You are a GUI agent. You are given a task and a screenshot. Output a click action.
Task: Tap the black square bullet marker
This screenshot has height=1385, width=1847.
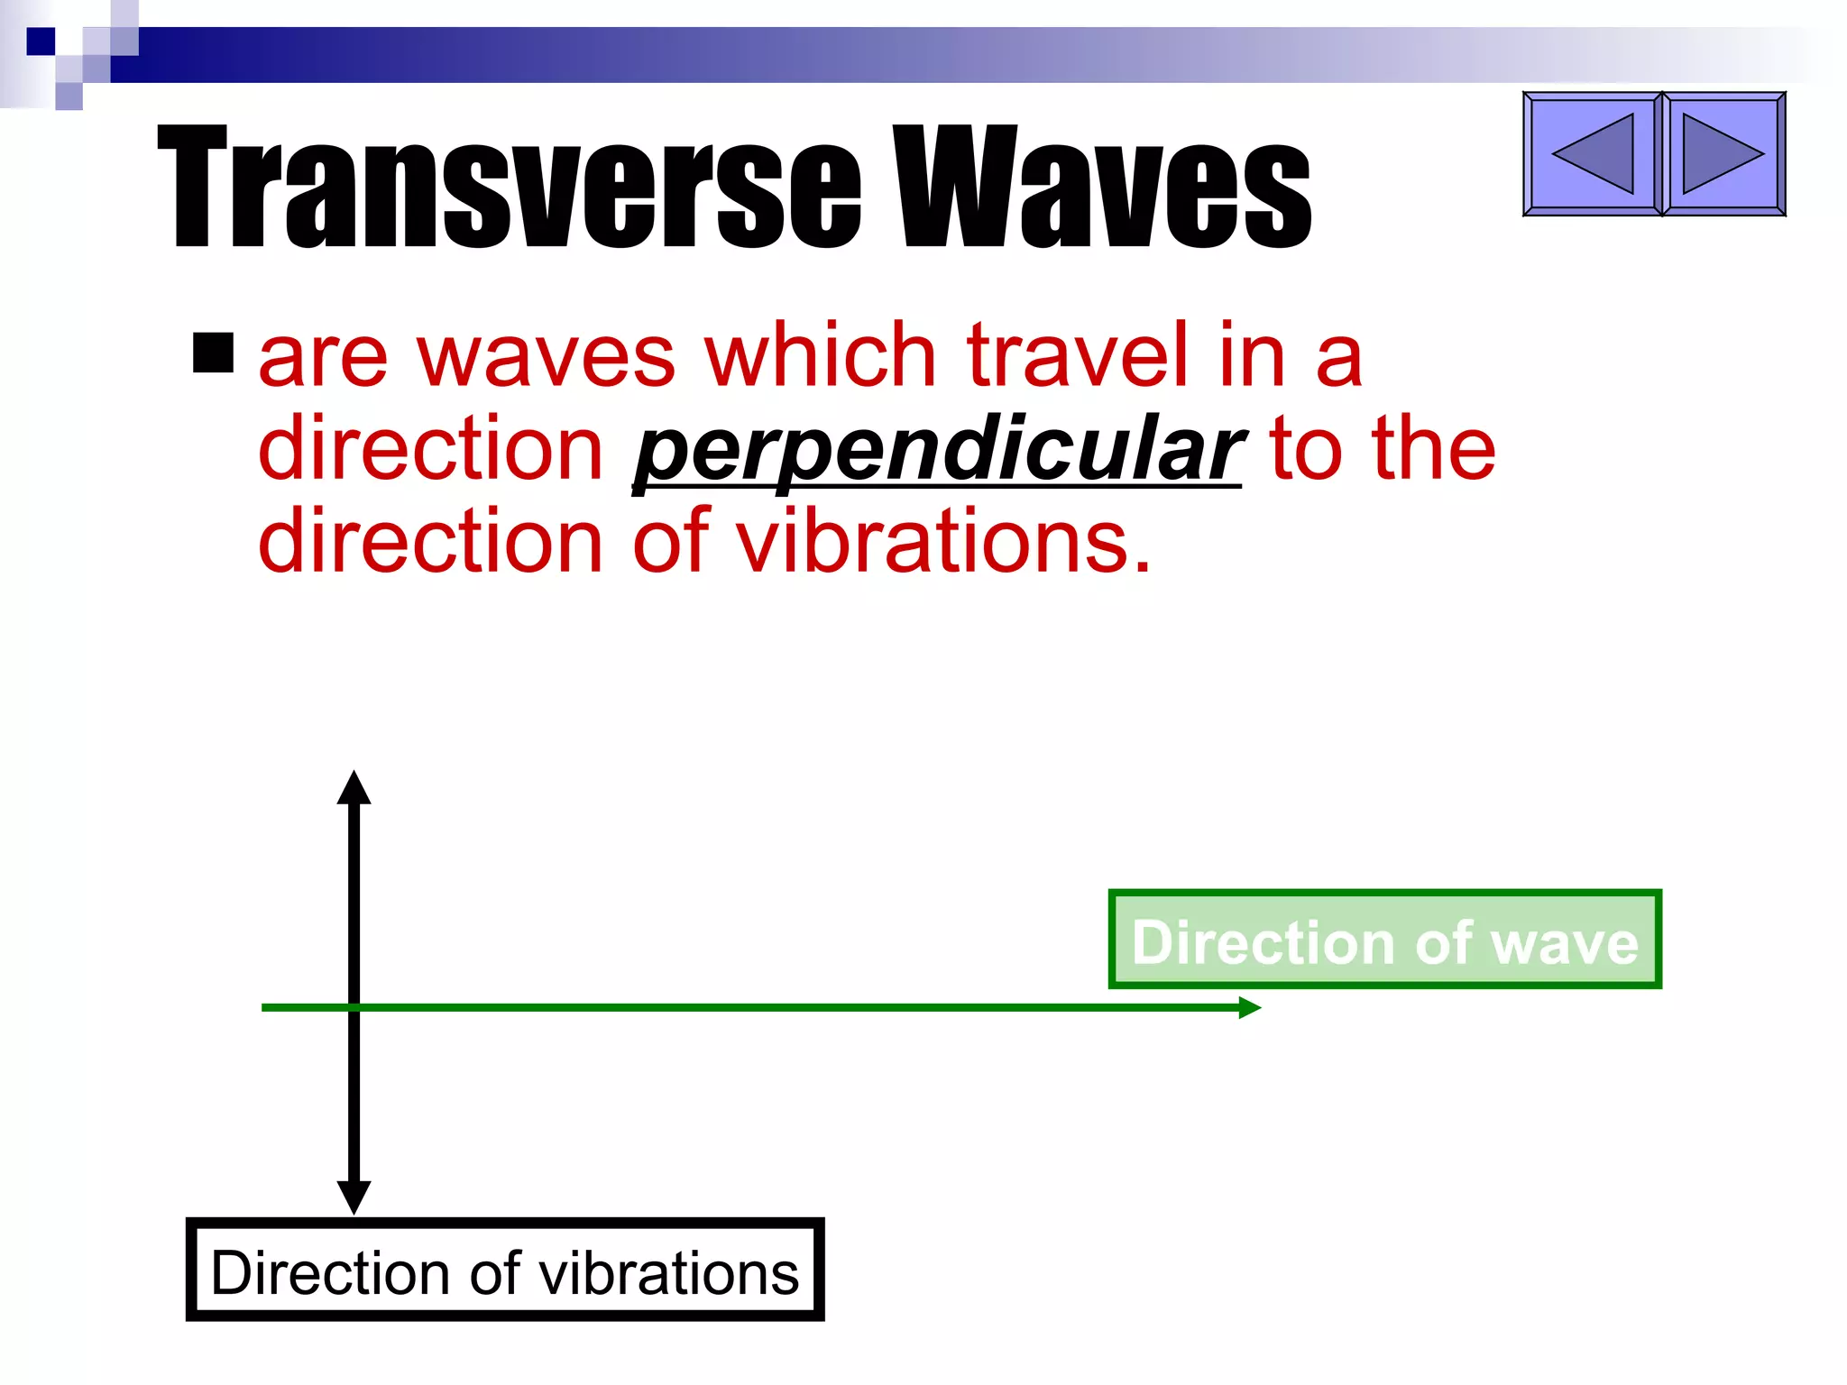(x=213, y=353)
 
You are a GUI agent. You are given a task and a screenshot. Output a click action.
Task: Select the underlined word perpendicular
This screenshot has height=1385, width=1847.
(x=938, y=450)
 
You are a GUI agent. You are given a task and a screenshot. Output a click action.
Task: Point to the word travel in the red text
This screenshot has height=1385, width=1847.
(x=1077, y=357)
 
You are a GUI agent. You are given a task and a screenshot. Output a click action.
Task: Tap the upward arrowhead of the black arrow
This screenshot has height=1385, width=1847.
(x=354, y=788)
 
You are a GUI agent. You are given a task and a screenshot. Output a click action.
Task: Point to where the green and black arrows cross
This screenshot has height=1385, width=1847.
(x=354, y=1007)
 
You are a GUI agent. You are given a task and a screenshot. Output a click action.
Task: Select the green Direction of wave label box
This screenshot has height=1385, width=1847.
(x=1384, y=940)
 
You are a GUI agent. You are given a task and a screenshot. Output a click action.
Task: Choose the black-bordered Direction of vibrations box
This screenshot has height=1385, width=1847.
(x=505, y=1270)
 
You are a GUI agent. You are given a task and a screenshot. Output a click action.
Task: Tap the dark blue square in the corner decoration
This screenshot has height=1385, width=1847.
(x=41, y=41)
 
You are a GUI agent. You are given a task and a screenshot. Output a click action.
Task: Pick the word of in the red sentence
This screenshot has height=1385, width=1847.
(x=671, y=542)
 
